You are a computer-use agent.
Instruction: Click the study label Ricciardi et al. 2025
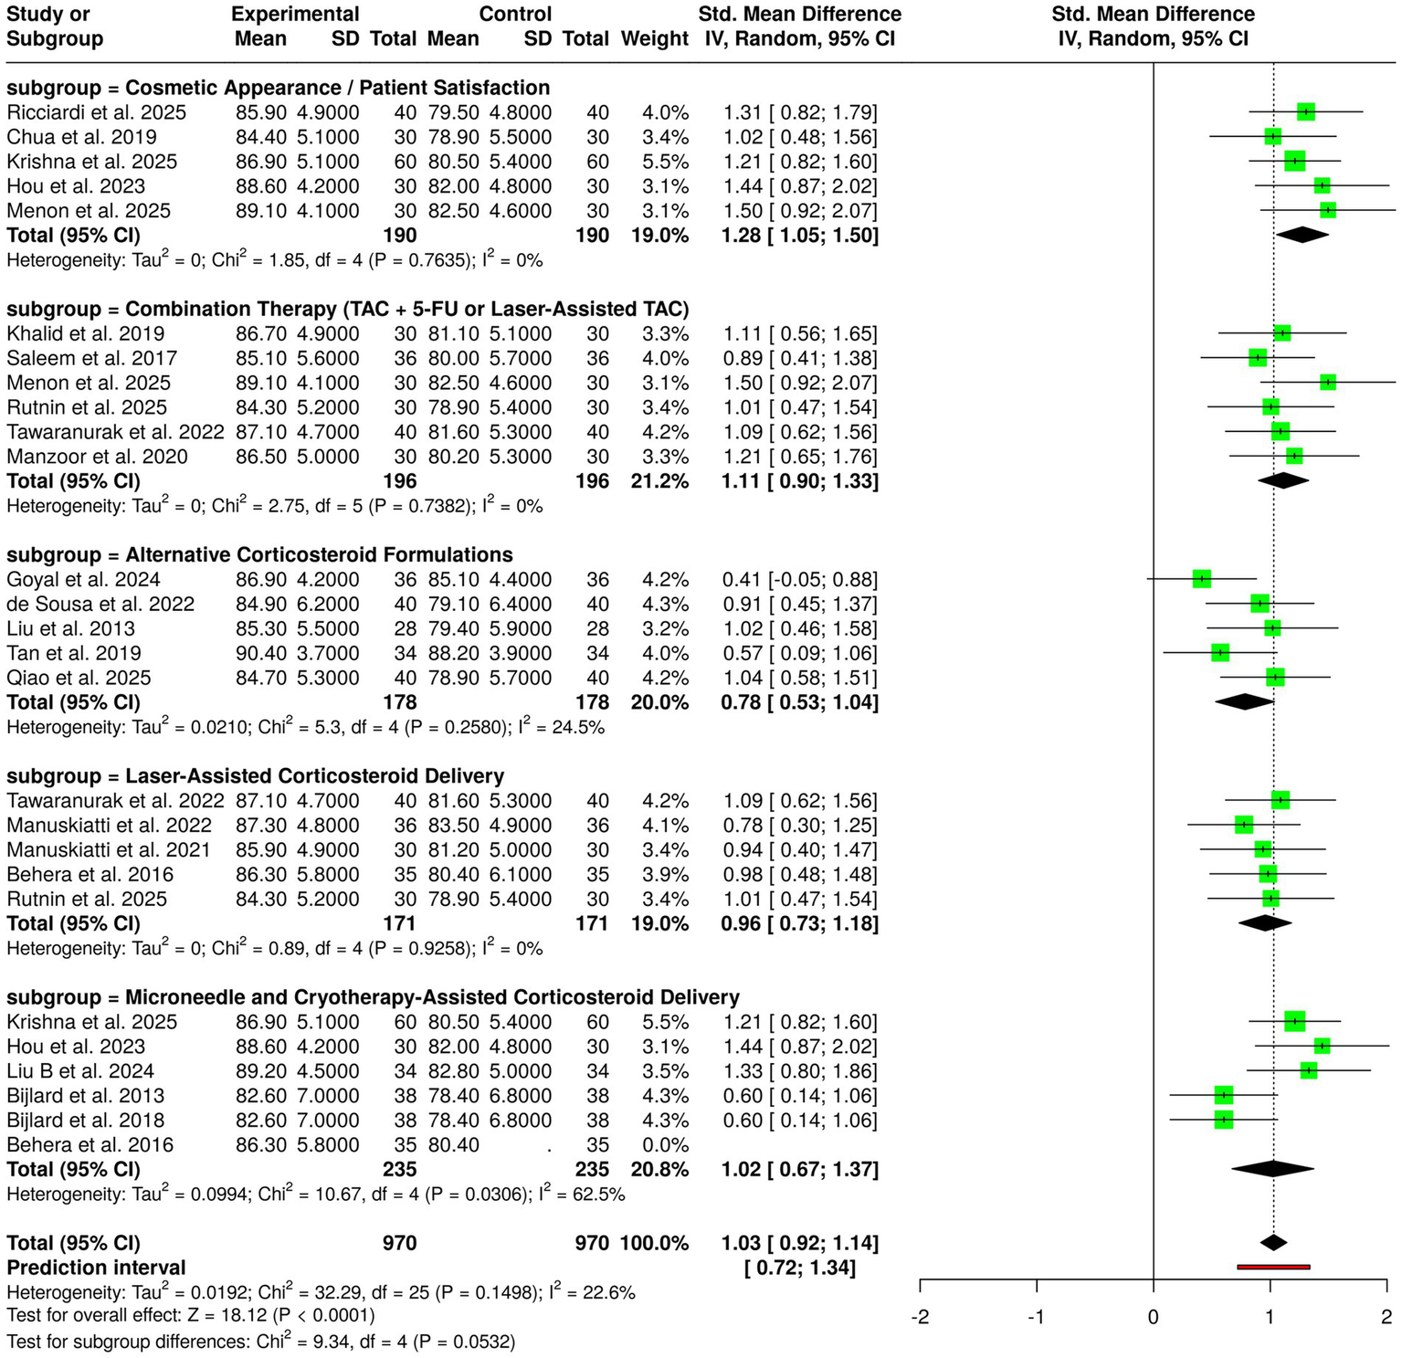(x=96, y=112)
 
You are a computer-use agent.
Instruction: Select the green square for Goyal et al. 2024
(x=1201, y=579)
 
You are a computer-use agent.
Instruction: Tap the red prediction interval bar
(x=1273, y=1267)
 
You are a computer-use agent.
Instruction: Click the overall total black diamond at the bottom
(x=1273, y=1242)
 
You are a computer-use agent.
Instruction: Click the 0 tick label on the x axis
(x=1153, y=1317)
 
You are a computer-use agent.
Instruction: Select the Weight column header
(x=654, y=38)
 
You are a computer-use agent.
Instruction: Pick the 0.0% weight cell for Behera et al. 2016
(x=666, y=1144)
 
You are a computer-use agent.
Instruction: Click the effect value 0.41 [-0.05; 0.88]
(x=799, y=579)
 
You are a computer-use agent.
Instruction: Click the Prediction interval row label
(x=96, y=1268)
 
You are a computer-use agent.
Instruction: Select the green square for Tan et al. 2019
(x=1220, y=653)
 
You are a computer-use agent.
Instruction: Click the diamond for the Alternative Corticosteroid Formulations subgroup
(x=1244, y=702)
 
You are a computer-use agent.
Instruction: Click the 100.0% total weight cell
(x=654, y=1243)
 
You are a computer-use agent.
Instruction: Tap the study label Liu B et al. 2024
(x=80, y=1070)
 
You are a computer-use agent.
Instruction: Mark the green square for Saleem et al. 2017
(x=1258, y=358)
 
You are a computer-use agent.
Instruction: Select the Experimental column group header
(x=295, y=14)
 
